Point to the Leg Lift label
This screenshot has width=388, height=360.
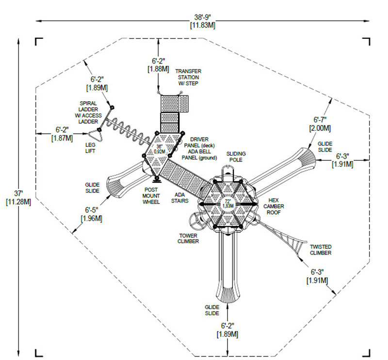coord(91,148)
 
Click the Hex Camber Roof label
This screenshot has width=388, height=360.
coord(274,206)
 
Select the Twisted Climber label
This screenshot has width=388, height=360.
coord(321,250)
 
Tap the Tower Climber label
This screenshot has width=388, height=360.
coord(188,238)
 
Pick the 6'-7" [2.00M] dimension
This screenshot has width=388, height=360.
coord(320,124)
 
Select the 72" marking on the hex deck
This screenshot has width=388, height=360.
coord(228,201)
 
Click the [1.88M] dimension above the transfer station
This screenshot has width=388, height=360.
coord(159,69)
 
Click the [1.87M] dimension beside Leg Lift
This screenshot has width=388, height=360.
coord(63,138)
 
